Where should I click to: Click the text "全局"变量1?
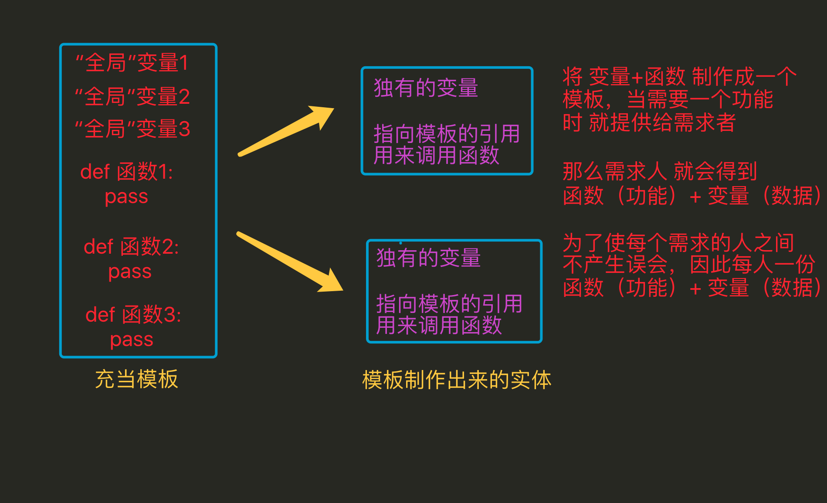[132, 63]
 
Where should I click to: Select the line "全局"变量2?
[132, 96]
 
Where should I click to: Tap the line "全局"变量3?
[132, 129]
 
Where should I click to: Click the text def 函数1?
[126, 172]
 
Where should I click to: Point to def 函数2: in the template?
[131, 247]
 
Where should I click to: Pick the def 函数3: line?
[133, 315]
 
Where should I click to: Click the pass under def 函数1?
[126, 197]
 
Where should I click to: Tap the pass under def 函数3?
[132, 340]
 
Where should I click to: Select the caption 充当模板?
[136, 379]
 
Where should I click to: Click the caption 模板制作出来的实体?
[457, 380]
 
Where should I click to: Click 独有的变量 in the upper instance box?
[426, 88]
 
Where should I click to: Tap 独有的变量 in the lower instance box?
[428, 258]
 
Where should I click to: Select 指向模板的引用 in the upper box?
[447, 133]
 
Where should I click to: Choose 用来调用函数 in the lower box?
[439, 326]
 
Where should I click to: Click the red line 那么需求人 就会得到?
[660, 171]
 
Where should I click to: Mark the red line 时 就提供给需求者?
[649, 122]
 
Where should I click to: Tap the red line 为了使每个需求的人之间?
[678, 243]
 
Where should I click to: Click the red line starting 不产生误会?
[688, 265]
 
